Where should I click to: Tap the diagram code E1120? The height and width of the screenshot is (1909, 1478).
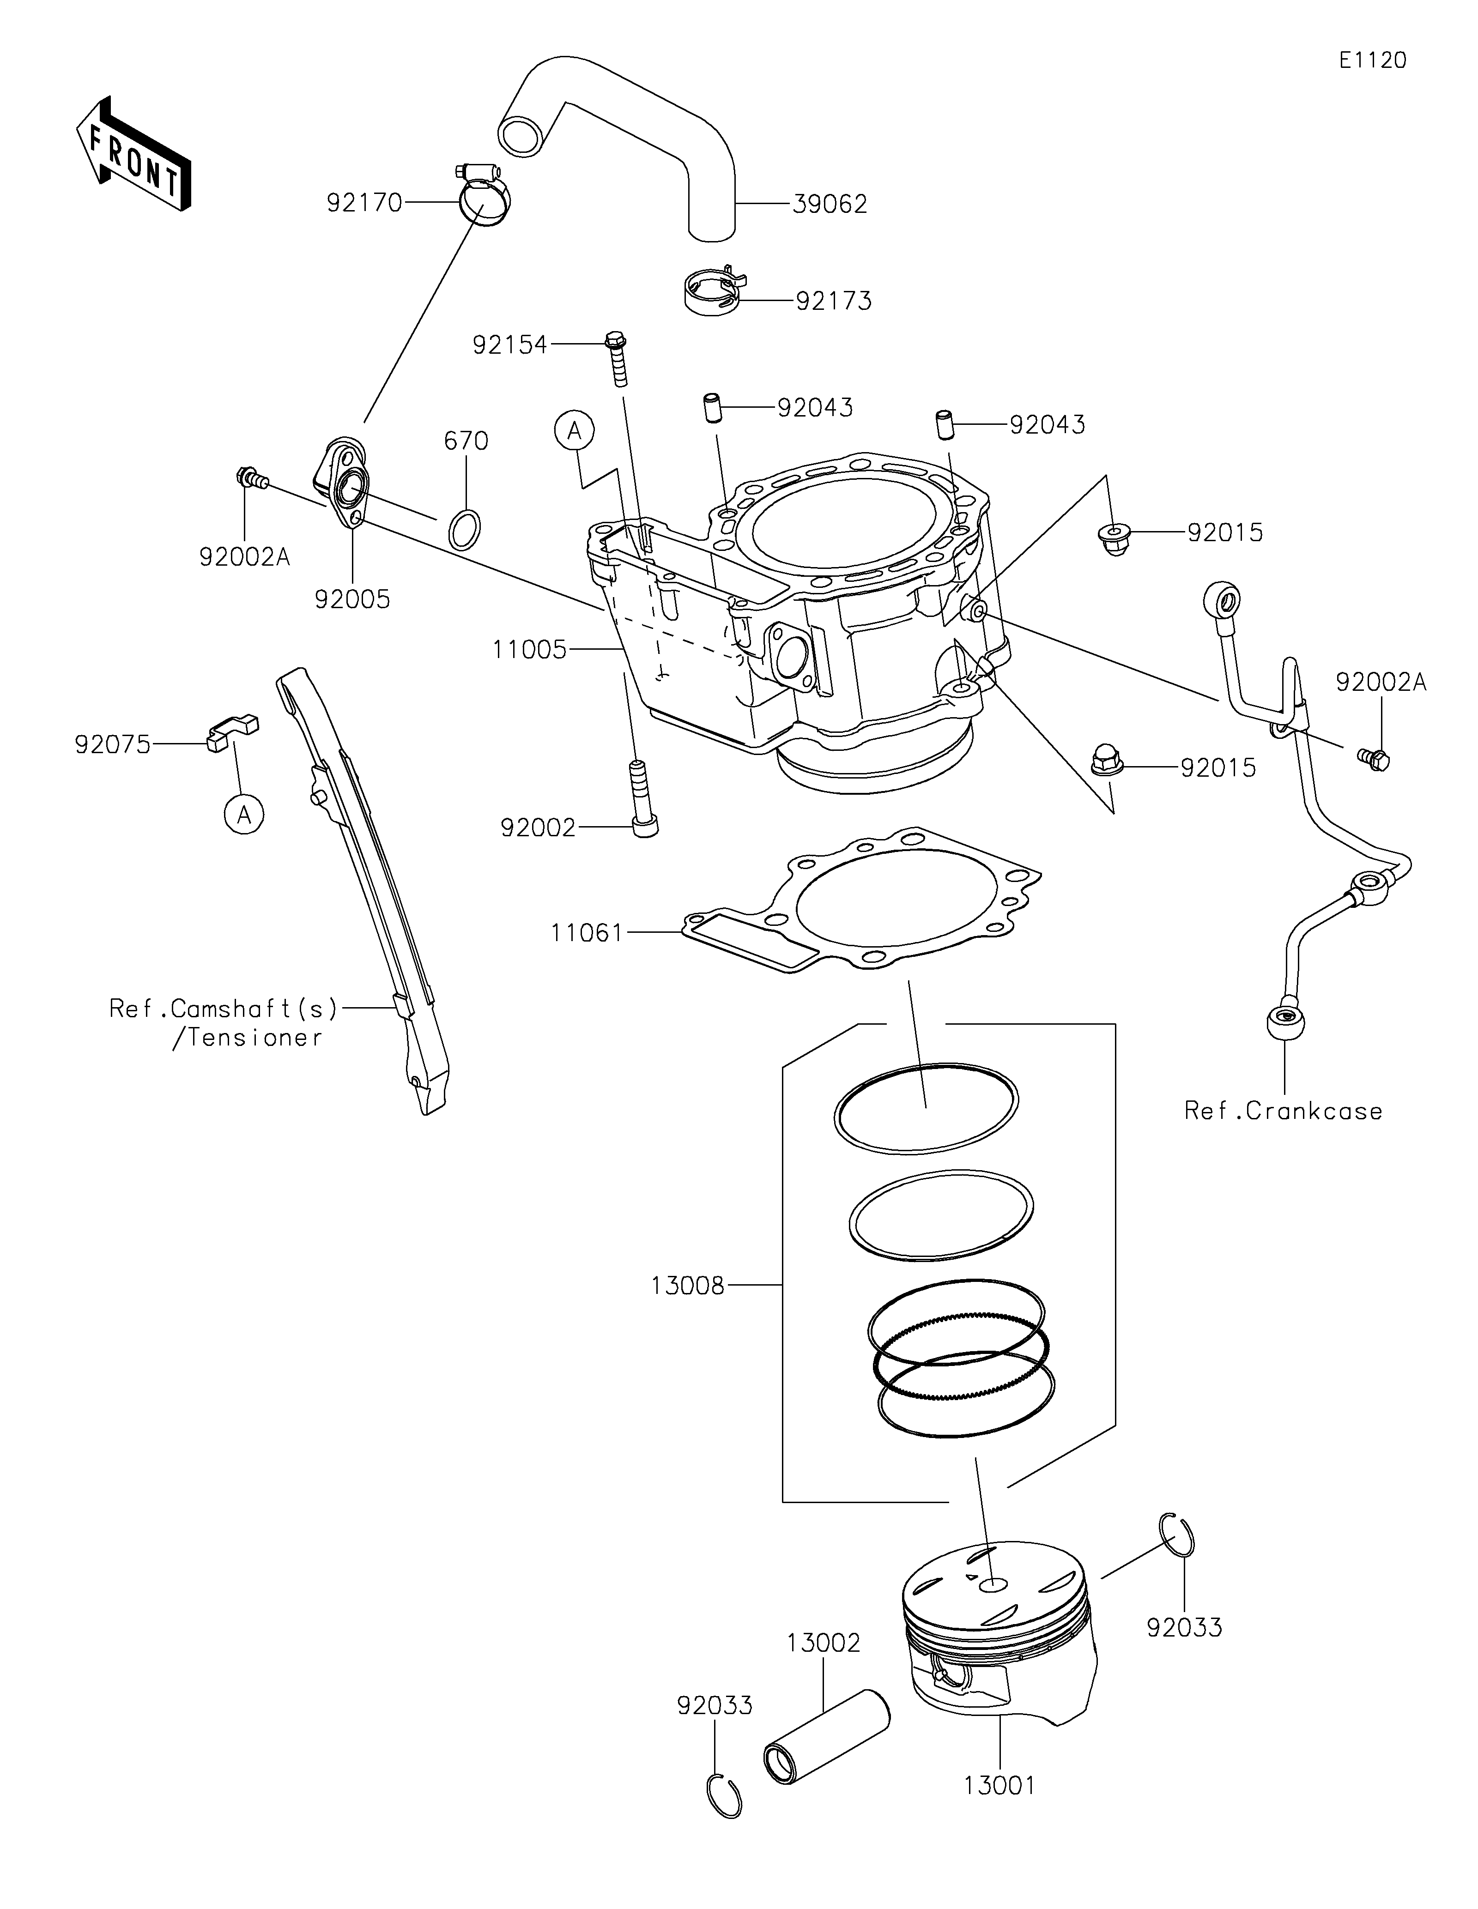[1372, 60]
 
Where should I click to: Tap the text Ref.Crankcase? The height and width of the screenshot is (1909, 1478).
[1283, 1111]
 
